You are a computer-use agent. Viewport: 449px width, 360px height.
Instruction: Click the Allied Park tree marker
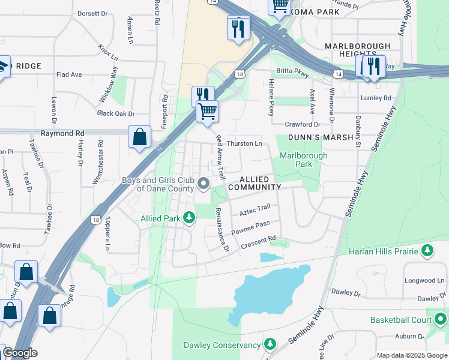click(x=190, y=217)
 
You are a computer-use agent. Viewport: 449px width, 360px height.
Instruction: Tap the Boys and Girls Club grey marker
click(x=204, y=184)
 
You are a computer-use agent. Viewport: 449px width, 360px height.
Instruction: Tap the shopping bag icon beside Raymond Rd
click(x=139, y=137)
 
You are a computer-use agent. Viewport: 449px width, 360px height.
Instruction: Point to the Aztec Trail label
click(x=255, y=210)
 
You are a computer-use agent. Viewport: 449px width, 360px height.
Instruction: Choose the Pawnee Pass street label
click(x=255, y=226)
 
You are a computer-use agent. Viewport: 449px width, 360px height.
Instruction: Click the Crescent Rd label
click(x=258, y=241)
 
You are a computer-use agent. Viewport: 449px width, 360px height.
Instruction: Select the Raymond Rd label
click(x=62, y=133)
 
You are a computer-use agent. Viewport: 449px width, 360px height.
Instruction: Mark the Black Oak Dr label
click(x=115, y=113)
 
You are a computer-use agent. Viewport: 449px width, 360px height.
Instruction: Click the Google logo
click(x=20, y=353)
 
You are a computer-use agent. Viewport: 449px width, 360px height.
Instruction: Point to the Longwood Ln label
click(x=424, y=280)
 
